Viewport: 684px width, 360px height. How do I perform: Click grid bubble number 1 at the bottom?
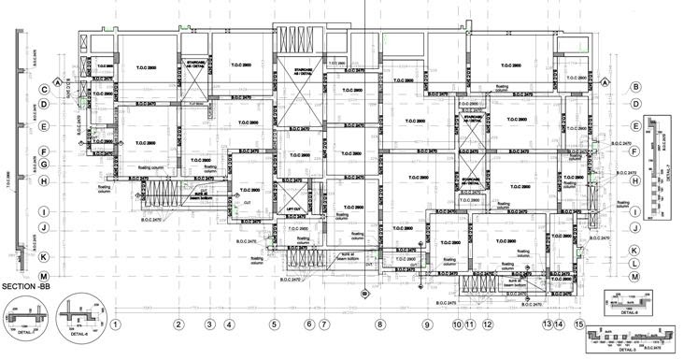pos(115,324)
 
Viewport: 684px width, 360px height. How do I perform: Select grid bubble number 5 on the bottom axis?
pos(275,324)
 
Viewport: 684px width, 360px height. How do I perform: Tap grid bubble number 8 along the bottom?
pos(380,324)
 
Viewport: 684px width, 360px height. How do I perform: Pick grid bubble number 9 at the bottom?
pos(427,324)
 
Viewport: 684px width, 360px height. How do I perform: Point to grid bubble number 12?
pos(488,324)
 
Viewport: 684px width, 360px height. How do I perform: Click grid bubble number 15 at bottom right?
pos(579,324)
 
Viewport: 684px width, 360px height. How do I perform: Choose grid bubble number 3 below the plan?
pos(209,324)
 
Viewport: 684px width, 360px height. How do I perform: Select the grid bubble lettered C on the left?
pos(44,91)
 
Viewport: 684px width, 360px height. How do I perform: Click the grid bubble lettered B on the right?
pos(634,87)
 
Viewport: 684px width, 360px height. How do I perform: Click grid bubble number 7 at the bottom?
pos(324,324)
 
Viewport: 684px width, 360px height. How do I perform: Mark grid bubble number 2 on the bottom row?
pos(177,324)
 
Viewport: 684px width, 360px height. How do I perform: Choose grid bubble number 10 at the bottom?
pos(458,324)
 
